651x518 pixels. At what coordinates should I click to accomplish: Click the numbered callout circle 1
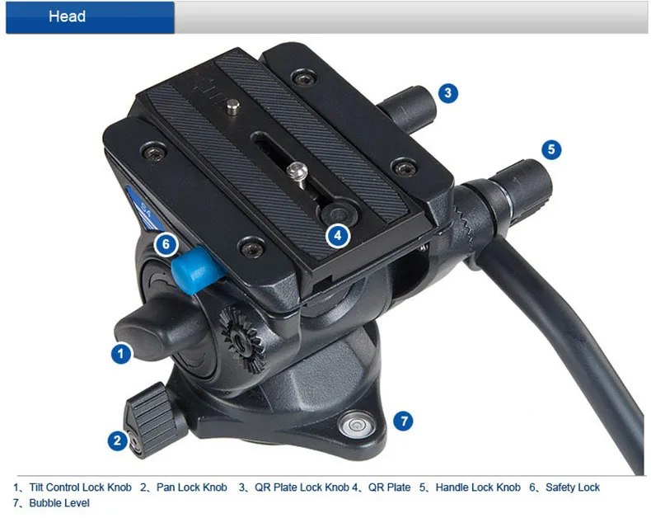point(121,354)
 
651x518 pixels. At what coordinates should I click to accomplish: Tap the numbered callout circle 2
point(118,441)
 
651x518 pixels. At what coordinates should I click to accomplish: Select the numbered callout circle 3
point(447,92)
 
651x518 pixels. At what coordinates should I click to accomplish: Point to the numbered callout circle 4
point(338,236)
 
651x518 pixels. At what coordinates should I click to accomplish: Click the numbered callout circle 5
point(552,150)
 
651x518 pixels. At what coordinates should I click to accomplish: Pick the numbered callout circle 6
point(166,245)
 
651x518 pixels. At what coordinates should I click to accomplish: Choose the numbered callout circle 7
point(402,421)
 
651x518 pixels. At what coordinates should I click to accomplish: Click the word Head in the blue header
point(67,16)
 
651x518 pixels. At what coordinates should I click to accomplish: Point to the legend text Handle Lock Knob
point(478,487)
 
